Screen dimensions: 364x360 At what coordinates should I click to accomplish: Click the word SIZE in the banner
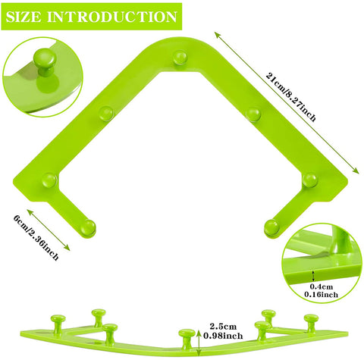click(23, 17)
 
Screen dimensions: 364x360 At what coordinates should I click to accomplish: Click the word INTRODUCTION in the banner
click(112, 17)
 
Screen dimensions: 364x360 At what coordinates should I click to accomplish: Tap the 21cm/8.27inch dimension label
click(290, 97)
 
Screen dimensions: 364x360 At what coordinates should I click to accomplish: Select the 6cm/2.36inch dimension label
click(36, 237)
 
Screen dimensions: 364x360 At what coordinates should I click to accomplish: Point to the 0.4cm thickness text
click(322, 286)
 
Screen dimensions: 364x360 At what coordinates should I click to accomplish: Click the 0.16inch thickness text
click(321, 294)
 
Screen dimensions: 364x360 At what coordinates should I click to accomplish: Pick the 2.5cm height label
click(223, 327)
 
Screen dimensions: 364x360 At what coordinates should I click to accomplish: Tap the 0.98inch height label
click(223, 336)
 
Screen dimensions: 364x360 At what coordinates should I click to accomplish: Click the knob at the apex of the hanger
click(180, 58)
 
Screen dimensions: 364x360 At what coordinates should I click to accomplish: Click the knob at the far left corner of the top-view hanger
click(49, 180)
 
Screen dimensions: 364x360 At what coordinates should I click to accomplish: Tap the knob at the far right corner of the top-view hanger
click(310, 180)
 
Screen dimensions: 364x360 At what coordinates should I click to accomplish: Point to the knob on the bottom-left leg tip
click(89, 227)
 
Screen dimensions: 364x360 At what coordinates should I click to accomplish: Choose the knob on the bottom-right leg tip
click(271, 227)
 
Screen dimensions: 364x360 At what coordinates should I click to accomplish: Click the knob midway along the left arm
click(106, 114)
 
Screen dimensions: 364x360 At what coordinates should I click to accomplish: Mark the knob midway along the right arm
click(253, 114)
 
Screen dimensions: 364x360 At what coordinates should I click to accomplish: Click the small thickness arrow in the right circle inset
click(314, 276)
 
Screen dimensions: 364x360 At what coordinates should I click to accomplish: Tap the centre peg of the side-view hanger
click(187, 339)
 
